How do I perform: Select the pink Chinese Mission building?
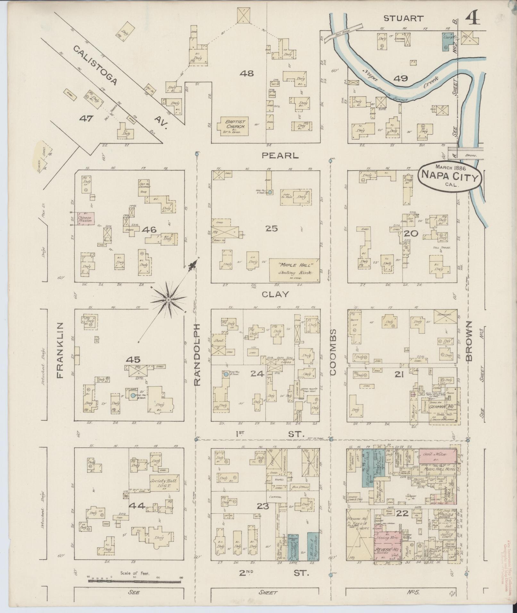tap(85, 219)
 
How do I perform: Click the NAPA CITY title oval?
tap(450, 176)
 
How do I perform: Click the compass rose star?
tap(168, 300)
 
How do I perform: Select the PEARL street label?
tap(280, 156)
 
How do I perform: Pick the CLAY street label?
tap(275, 294)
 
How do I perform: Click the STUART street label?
tap(404, 19)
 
